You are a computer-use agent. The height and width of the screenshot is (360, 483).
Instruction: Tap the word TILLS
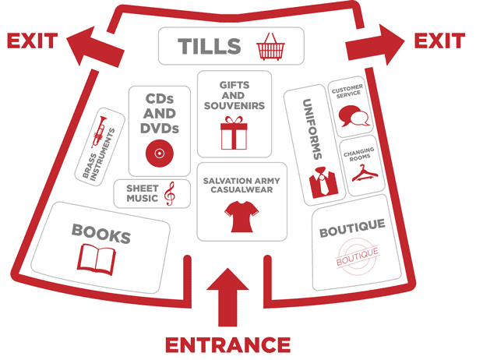pyautogui.click(x=209, y=46)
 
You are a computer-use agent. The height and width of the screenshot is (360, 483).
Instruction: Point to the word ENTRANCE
pyautogui.click(x=227, y=344)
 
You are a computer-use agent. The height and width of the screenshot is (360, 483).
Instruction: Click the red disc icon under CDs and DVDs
pyautogui.click(x=159, y=154)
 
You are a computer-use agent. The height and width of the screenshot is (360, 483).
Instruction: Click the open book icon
pyautogui.click(x=95, y=257)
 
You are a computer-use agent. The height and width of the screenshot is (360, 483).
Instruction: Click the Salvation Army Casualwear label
pyautogui.click(x=241, y=185)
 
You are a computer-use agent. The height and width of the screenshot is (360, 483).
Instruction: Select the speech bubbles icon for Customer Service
pyautogui.click(x=352, y=115)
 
